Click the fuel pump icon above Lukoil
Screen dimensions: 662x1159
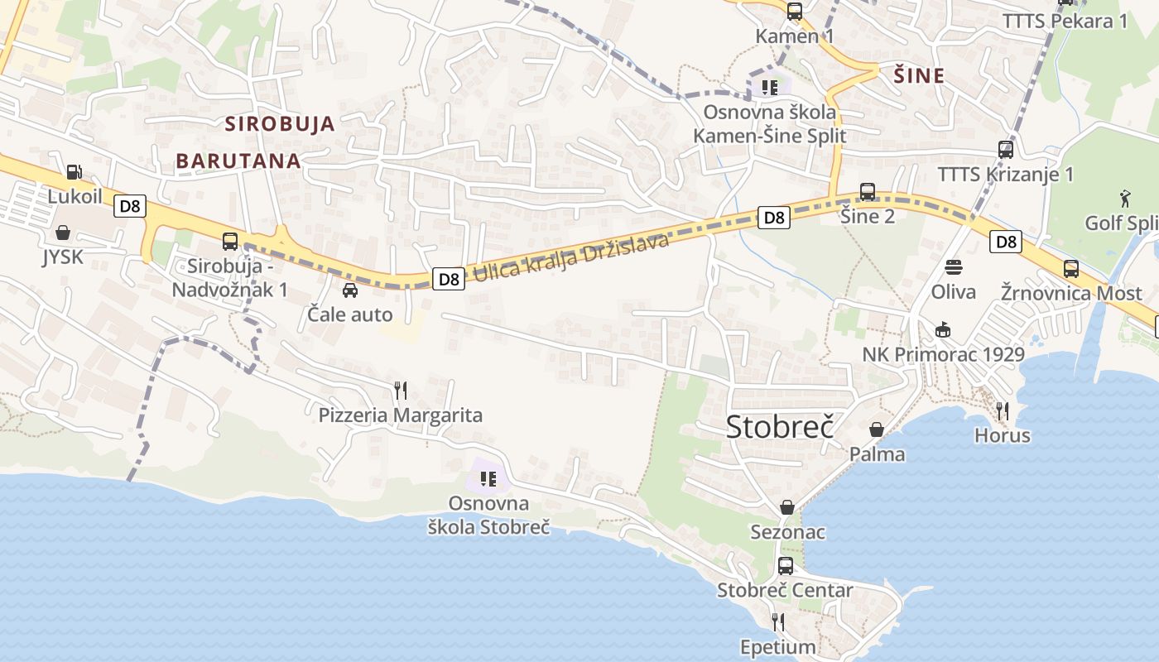pos(74,172)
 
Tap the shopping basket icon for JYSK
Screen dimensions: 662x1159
pos(62,233)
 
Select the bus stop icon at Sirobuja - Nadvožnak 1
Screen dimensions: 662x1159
pos(230,242)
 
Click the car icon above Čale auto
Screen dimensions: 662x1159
pos(350,290)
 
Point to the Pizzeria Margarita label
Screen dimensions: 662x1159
pos(401,415)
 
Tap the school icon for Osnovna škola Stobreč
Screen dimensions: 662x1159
pos(488,478)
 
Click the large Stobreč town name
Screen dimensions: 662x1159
pos(779,426)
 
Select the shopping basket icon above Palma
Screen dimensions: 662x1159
pos(877,429)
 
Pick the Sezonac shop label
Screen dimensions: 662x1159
pos(787,531)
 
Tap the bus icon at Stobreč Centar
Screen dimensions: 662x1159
pos(785,566)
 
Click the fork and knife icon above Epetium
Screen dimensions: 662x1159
pos(777,621)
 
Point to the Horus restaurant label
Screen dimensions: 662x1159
pos(1002,435)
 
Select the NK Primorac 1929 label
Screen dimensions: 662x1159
pos(943,355)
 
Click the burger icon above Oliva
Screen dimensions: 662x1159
pos(954,267)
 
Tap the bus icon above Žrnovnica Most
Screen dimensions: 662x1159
pos(1071,269)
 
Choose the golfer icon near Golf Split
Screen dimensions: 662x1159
pos(1125,198)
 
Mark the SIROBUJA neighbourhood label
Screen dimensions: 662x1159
pos(280,124)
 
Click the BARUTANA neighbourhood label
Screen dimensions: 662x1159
pos(238,161)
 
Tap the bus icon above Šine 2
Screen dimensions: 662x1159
pos(868,192)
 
